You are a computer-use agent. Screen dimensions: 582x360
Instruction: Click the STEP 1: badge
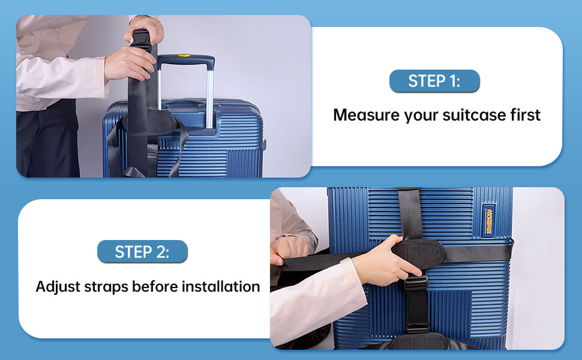click(434, 81)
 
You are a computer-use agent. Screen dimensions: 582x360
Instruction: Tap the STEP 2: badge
click(142, 251)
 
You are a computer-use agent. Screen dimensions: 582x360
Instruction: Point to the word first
click(525, 115)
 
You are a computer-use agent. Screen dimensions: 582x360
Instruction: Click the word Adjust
click(58, 287)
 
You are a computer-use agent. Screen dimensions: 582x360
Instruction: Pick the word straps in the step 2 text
click(106, 287)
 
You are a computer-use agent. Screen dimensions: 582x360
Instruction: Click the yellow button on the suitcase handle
click(184, 56)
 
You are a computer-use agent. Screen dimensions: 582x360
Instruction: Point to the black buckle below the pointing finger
click(416, 283)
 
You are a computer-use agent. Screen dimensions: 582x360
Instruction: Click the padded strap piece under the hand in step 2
click(419, 253)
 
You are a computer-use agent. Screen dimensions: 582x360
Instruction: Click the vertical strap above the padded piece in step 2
click(410, 214)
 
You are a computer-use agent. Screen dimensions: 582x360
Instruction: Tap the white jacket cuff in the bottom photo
click(349, 271)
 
